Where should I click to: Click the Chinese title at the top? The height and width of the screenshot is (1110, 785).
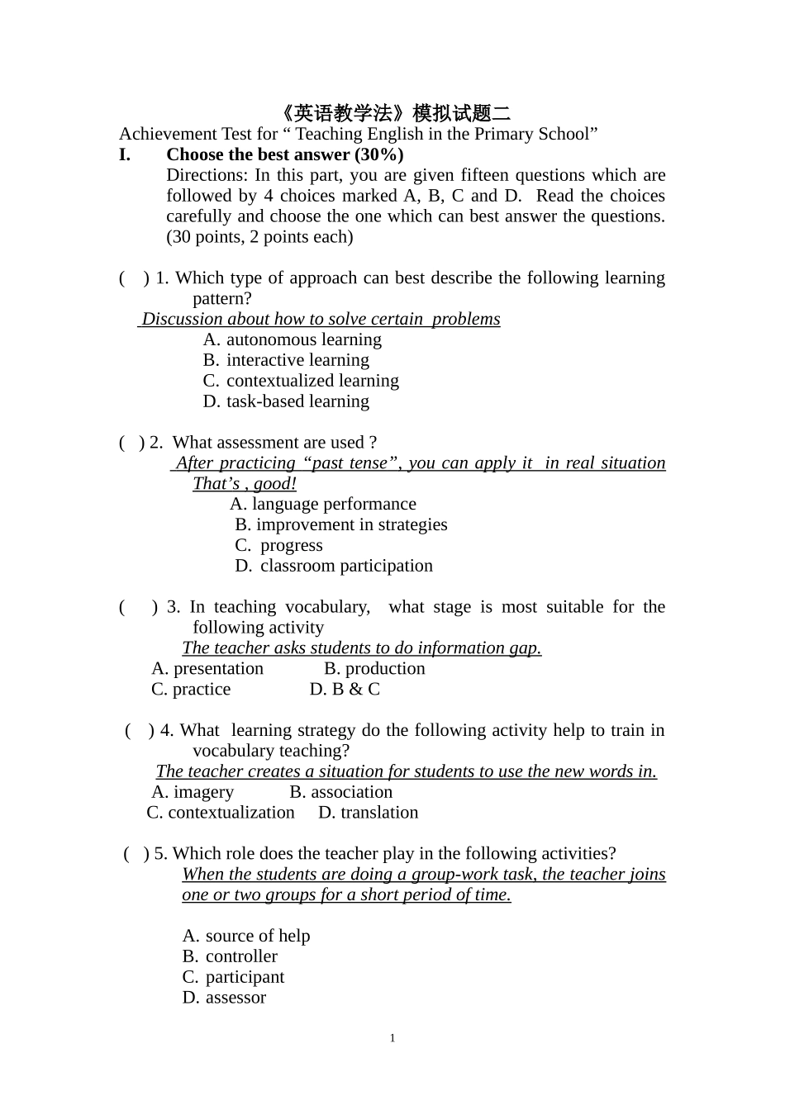[x=392, y=113]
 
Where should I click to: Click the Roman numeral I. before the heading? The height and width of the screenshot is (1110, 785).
[x=125, y=154]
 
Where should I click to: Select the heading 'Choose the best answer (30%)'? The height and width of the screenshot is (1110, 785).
[x=284, y=154]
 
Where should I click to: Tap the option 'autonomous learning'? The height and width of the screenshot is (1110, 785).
[x=303, y=339]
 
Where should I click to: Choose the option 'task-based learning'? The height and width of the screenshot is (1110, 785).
[x=297, y=401]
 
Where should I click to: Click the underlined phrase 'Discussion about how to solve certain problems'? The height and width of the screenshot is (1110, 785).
[x=321, y=319]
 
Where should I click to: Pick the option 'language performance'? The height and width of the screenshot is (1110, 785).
[x=333, y=504]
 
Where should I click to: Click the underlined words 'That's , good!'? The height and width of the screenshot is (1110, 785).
[x=244, y=484]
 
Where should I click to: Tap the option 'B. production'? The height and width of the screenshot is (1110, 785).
[x=374, y=669]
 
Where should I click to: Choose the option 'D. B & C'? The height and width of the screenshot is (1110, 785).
[x=345, y=690]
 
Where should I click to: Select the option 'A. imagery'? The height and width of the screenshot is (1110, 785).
[x=193, y=792]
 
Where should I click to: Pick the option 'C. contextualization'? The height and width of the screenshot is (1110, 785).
[x=221, y=813]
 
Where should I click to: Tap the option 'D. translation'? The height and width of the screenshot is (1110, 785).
[x=369, y=813]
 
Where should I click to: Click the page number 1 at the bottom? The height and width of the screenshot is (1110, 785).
[x=392, y=1038]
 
